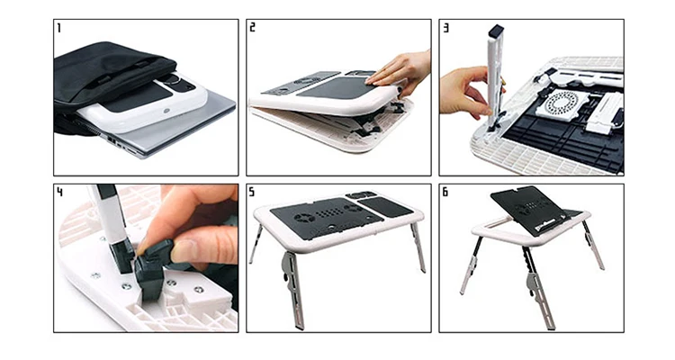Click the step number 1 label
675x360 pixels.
tap(60, 28)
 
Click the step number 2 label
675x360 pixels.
tap(253, 28)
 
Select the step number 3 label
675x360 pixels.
tap(446, 28)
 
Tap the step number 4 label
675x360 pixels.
tap(60, 192)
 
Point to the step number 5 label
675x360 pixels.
tap(253, 192)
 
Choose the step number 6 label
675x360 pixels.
tap(446, 192)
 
